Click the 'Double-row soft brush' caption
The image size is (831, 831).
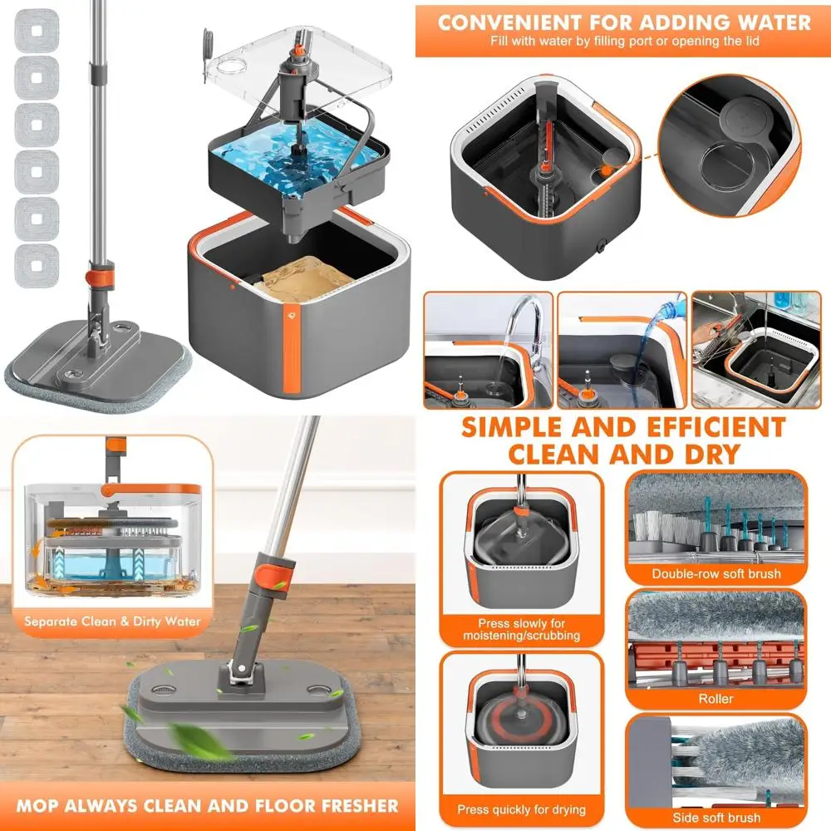click(x=715, y=573)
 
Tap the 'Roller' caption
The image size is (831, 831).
click(x=715, y=699)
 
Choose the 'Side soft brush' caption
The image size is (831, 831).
click(x=715, y=818)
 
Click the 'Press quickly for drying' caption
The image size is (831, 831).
click(x=521, y=809)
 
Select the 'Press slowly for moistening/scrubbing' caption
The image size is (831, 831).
click(x=521, y=629)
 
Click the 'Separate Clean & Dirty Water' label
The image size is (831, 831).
click(x=112, y=621)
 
